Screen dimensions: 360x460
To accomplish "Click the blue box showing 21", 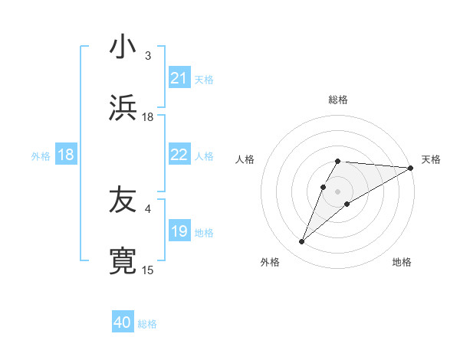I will point(179,78).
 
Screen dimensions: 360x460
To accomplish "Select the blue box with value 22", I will point(179,155).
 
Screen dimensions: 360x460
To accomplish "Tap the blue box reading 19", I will point(179,231).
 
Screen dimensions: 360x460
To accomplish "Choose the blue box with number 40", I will point(123,322).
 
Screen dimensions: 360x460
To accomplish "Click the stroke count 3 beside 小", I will point(148,56).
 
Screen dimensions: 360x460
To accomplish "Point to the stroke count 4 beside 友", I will point(148,208).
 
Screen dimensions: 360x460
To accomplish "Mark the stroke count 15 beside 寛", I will point(148,270).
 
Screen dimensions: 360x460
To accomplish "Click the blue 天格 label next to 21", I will point(204,79).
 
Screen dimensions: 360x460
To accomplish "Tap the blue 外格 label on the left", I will point(41,155).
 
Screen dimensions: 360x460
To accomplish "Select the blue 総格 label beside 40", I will point(147,323).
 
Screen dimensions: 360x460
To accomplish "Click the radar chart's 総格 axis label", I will point(338,100).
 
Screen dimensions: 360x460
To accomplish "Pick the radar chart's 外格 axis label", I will point(270,262).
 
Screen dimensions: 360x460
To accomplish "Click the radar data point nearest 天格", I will point(411,168).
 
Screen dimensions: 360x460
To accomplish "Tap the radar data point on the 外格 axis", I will point(302,242).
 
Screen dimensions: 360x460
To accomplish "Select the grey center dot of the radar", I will point(338,191).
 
